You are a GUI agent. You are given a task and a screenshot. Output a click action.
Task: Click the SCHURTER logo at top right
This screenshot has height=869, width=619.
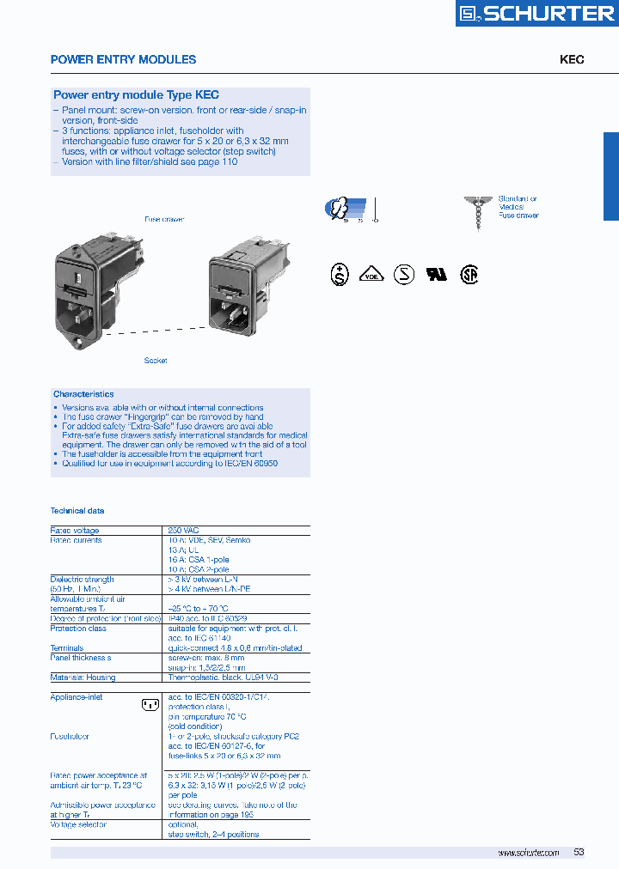(x=535, y=14)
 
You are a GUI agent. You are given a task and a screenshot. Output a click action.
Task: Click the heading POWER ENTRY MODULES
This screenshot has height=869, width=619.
(x=123, y=59)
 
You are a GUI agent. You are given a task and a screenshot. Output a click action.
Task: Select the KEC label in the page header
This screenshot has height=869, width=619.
(x=572, y=59)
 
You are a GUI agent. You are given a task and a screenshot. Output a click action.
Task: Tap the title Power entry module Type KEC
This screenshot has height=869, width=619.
(x=136, y=95)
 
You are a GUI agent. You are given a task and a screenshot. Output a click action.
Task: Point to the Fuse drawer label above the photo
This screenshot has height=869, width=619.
(x=163, y=220)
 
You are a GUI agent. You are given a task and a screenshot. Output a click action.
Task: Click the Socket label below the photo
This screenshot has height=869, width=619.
(x=156, y=361)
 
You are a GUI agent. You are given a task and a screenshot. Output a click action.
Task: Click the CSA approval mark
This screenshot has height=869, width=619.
(x=468, y=275)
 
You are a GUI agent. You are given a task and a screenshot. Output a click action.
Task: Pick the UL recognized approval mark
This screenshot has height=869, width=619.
(x=437, y=275)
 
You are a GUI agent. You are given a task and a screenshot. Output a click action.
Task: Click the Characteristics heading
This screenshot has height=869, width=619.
(x=83, y=394)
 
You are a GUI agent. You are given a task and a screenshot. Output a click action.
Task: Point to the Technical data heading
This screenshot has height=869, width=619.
(x=77, y=511)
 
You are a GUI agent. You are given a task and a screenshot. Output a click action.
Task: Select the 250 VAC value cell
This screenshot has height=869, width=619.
(x=184, y=531)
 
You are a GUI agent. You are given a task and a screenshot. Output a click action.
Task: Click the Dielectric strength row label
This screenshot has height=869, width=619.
(x=83, y=580)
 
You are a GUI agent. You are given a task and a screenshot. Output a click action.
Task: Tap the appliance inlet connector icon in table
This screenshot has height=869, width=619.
(x=150, y=705)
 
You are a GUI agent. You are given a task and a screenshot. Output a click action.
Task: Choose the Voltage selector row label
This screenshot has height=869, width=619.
(x=78, y=824)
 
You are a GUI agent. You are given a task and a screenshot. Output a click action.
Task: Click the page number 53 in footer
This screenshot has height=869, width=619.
(x=579, y=852)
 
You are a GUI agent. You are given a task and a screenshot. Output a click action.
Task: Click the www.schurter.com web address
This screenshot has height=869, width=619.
(x=528, y=853)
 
